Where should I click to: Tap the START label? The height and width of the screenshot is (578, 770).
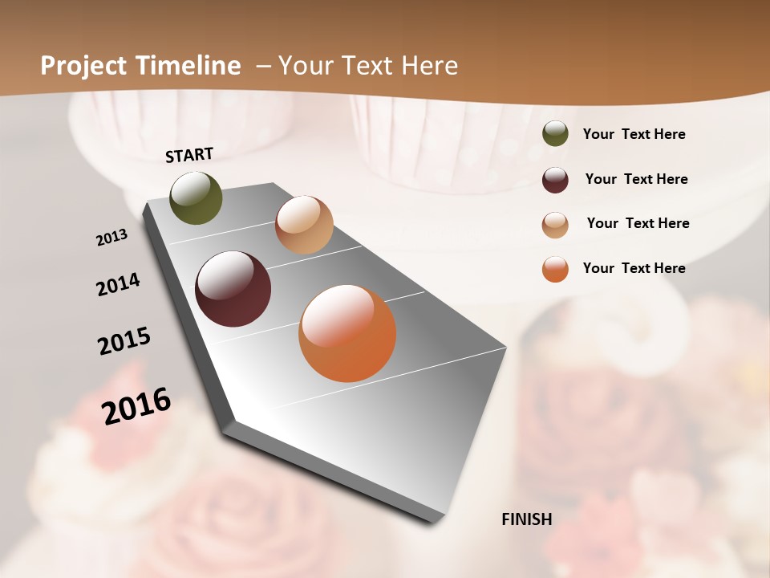point(189,155)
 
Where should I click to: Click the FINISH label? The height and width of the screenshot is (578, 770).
point(527,519)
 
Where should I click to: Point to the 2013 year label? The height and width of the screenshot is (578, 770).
point(112,238)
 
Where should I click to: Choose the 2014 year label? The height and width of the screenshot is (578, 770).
point(119,284)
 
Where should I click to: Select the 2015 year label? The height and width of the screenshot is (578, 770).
point(124,341)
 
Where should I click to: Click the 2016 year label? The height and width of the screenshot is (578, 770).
point(136,405)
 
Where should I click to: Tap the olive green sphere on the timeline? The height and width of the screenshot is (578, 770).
point(197,197)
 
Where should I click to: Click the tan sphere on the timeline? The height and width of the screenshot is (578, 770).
point(304,225)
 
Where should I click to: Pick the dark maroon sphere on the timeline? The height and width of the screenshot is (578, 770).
point(233,289)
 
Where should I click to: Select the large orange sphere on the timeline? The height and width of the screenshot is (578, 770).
point(347,333)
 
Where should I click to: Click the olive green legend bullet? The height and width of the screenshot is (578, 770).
point(555,134)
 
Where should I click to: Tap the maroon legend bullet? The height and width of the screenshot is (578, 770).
point(555,179)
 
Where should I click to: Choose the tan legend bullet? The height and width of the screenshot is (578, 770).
point(555,224)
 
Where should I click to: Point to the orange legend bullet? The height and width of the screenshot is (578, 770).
point(555,269)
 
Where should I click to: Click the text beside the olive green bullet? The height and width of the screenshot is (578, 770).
point(634,134)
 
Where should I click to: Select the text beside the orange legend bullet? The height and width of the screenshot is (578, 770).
point(634,268)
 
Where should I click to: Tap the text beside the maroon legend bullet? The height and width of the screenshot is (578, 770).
point(637,179)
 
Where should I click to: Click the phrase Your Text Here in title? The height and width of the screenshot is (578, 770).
point(368,66)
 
